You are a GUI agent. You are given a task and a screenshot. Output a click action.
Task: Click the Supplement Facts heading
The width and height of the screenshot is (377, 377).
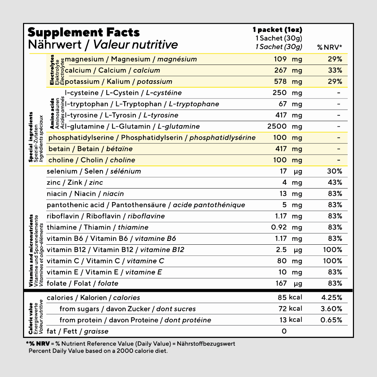pyautogui.click(x=83, y=32)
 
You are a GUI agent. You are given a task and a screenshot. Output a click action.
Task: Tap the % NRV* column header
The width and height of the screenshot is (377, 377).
pyautogui.click(x=330, y=47)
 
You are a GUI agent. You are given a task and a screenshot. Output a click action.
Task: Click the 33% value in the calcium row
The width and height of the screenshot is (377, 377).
pyautogui.click(x=335, y=70)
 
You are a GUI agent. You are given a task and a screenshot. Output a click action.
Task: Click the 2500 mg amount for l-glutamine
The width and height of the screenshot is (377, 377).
pyautogui.click(x=284, y=126)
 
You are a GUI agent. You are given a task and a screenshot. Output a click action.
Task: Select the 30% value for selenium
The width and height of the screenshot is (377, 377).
pyautogui.click(x=335, y=171)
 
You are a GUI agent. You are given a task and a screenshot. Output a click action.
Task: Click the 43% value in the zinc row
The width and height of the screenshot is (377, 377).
pyautogui.click(x=335, y=182)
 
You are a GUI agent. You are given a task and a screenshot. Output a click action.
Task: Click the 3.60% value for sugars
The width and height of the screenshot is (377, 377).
pyautogui.click(x=331, y=309)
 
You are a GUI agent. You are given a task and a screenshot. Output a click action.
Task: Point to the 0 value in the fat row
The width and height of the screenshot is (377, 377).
pyautogui.click(x=284, y=331)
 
